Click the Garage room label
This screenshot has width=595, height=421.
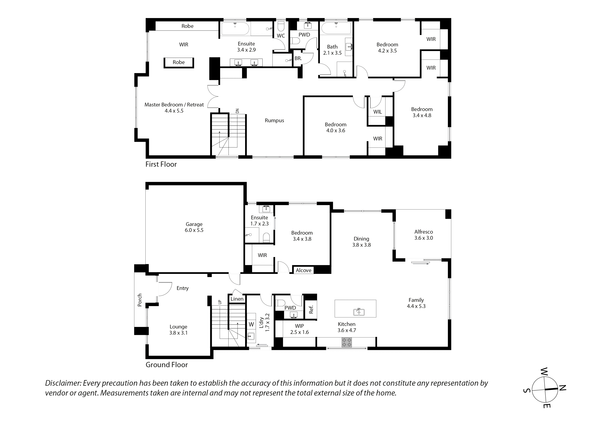point(194,224)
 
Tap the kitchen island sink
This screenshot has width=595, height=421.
point(359,312)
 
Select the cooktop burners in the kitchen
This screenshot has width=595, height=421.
point(347,342)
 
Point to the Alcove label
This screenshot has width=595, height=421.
point(303,270)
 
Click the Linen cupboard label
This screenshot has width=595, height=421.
point(237,299)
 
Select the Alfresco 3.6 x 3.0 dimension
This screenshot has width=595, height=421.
point(424,238)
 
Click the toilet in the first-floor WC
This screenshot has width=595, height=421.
point(281,26)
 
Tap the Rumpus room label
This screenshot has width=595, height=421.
point(274,120)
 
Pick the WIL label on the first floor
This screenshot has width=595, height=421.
point(377,112)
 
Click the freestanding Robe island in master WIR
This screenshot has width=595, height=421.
point(179,62)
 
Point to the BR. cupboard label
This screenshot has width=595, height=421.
point(298,58)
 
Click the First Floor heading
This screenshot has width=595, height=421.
point(161,164)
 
